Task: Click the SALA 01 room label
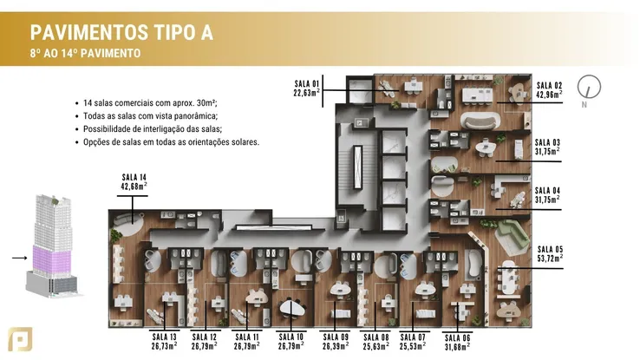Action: click(x=306, y=83)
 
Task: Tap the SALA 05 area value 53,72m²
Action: click(x=550, y=258)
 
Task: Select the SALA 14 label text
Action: click(x=134, y=177)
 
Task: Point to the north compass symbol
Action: click(x=589, y=87)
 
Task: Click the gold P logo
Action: click(x=20, y=339)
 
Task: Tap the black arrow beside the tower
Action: click(x=20, y=258)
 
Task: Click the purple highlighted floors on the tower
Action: click(x=52, y=259)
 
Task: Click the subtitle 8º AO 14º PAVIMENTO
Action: click(x=85, y=53)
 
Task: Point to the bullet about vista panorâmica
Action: click(x=150, y=116)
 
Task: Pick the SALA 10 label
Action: click(x=291, y=337)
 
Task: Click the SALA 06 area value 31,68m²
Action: click(x=457, y=347)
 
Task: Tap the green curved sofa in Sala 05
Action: click(x=513, y=237)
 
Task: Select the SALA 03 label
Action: click(x=547, y=142)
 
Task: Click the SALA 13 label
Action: click(x=164, y=337)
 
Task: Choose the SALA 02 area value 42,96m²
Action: click(x=549, y=95)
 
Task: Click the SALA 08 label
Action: click(x=376, y=337)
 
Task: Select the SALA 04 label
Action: click(x=547, y=191)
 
